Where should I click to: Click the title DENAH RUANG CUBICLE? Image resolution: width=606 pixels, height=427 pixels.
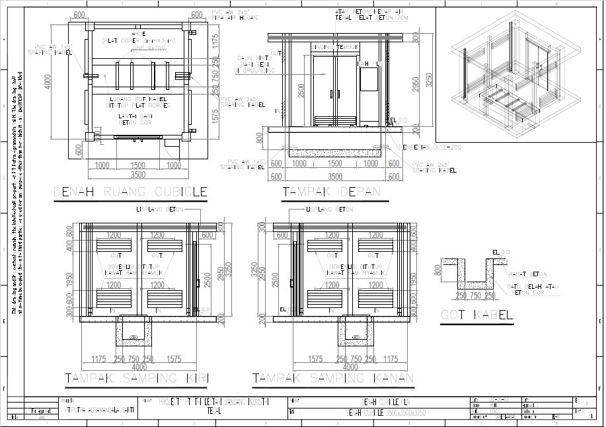point(130,192)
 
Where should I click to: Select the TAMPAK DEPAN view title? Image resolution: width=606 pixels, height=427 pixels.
point(332,192)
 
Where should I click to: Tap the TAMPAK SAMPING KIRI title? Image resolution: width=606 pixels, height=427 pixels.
point(137,378)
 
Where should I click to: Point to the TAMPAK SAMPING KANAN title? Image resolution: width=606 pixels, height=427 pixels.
point(333,378)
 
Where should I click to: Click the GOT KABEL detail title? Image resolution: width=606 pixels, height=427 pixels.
point(476,315)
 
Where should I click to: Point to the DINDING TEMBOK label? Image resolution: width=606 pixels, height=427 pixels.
point(335,47)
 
